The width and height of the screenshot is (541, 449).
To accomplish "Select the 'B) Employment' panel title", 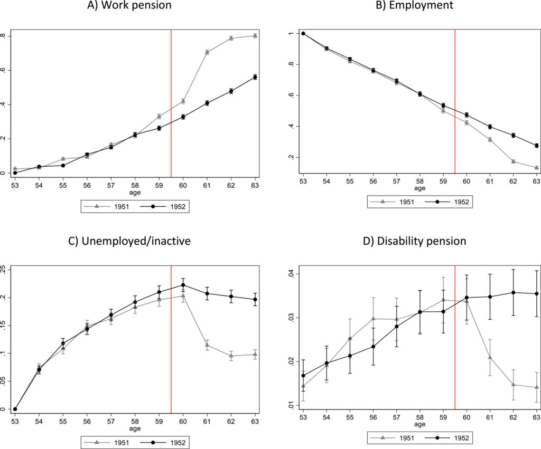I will click(419, 6).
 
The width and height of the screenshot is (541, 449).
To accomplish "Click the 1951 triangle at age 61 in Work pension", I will click(207, 52).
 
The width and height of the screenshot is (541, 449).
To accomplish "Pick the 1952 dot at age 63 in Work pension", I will click(255, 77).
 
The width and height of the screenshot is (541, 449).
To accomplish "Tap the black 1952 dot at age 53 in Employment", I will click(303, 33).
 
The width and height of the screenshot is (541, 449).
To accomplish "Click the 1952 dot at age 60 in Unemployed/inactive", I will click(183, 285).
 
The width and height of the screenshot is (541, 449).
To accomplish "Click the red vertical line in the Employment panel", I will click(455, 100).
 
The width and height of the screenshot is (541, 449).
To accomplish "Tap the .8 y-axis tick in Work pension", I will click(4, 36).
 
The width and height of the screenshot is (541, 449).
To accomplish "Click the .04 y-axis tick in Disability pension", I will click(288, 274).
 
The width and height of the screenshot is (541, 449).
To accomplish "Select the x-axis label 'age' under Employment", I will click(419, 188).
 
